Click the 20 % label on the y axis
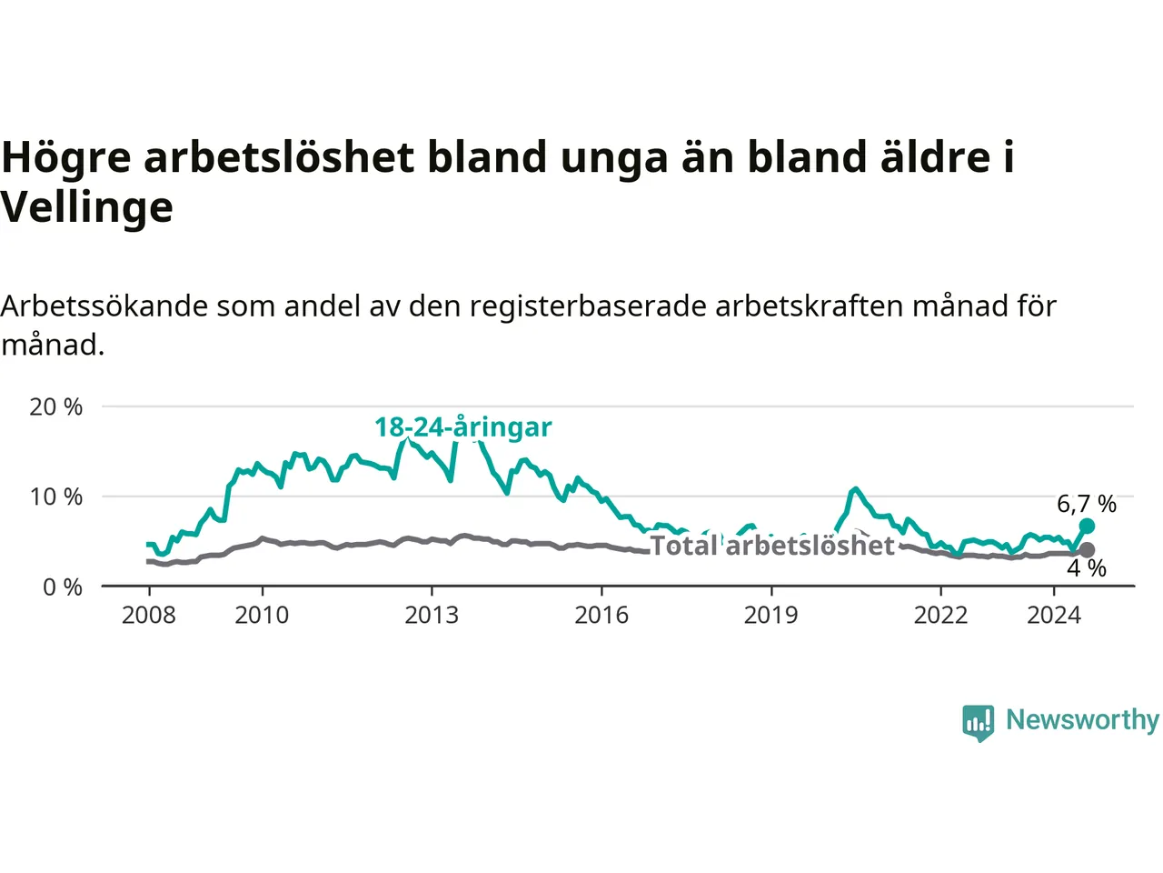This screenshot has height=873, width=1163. tap(55, 406)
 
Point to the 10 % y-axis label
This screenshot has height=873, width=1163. tap(55, 497)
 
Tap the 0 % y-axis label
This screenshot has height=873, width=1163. tap(62, 587)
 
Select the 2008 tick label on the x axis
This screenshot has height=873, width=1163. tap(148, 615)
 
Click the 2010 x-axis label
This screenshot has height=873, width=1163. tap(262, 615)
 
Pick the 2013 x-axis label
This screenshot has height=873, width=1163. tap(432, 615)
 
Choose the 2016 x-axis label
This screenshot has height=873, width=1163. tap(601, 615)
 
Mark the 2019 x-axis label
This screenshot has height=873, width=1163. tap(770, 615)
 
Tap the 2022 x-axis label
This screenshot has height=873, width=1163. tap(940, 615)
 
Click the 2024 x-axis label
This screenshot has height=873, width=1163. tap(1054, 615)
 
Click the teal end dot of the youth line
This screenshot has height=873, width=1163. tap(1087, 527)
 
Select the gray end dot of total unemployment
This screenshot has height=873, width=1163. tap(1087, 550)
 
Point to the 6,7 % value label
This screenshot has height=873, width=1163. tap(1087, 504)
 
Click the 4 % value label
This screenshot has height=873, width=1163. tap(1087, 568)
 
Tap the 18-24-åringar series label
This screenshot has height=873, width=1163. tap(462, 426)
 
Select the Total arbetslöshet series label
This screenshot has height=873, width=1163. tap(772, 545)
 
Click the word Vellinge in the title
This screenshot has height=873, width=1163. tap(86, 207)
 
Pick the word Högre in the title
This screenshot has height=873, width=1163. tap(65, 157)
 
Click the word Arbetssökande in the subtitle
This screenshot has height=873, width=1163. tap(104, 306)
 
